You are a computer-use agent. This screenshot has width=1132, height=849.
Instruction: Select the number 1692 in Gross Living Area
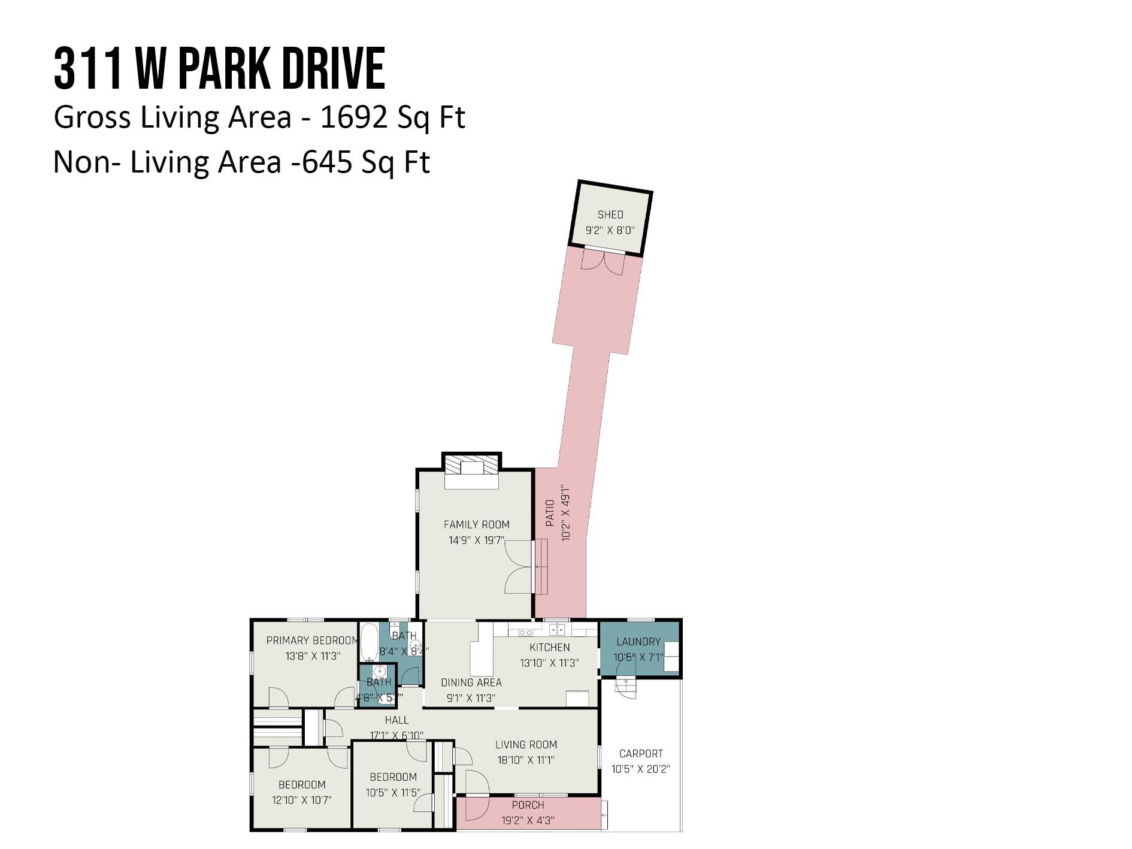click(354, 117)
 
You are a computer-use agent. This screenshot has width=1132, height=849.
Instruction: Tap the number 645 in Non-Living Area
click(326, 162)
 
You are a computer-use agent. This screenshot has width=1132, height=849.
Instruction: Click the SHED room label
click(610, 214)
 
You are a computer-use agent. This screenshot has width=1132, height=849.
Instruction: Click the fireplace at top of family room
click(471, 469)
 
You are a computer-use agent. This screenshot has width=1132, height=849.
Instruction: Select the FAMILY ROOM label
click(476, 525)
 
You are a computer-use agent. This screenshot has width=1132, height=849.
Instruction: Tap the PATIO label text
click(550, 513)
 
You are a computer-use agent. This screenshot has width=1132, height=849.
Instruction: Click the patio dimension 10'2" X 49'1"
click(566, 513)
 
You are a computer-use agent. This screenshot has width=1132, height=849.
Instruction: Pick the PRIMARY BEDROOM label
click(312, 640)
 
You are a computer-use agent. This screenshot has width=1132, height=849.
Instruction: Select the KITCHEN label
click(549, 647)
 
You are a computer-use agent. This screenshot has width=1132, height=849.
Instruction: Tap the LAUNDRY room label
click(638, 642)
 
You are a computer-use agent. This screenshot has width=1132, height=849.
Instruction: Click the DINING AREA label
click(471, 682)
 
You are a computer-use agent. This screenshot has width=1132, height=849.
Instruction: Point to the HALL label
click(396, 720)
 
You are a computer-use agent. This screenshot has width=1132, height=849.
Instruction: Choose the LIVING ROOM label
click(526, 745)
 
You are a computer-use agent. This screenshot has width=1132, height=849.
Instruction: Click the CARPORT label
click(641, 754)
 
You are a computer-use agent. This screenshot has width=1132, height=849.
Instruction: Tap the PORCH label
click(528, 805)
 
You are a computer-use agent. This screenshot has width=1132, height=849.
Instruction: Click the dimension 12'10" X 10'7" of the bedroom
click(301, 800)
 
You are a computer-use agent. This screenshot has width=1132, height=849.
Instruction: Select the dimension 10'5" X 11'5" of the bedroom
click(393, 792)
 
